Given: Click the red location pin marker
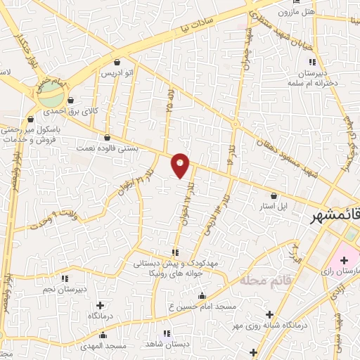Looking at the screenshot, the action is point(181,165).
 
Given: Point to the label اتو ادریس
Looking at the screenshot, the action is point(117,73).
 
